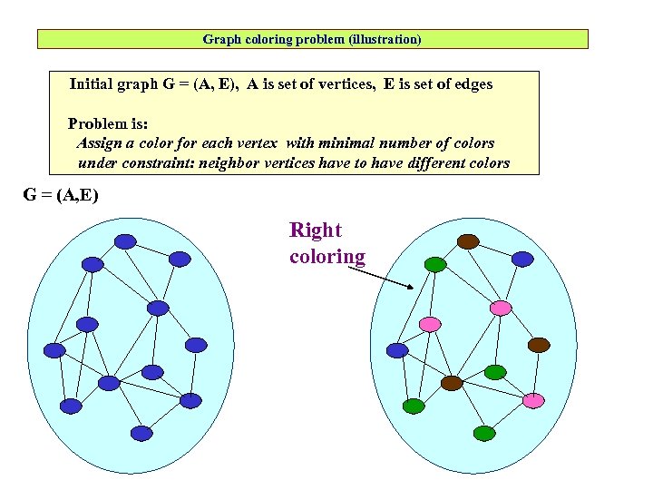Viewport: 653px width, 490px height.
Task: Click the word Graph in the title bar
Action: tap(219, 40)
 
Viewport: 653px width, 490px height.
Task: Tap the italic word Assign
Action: tap(100, 143)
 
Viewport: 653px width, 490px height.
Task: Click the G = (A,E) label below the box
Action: tap(61, 195)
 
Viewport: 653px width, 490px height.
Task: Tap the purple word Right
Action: tap(316, 230)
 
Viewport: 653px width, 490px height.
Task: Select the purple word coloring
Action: tap(327, 256)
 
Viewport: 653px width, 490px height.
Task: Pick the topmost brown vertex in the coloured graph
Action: tap(468, 241)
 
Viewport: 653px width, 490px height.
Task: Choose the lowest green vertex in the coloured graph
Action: tap(484, 434)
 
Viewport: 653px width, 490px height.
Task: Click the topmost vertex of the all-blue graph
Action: tap(125, 241)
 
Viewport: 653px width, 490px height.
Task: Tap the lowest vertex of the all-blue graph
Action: tap(141, 434)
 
